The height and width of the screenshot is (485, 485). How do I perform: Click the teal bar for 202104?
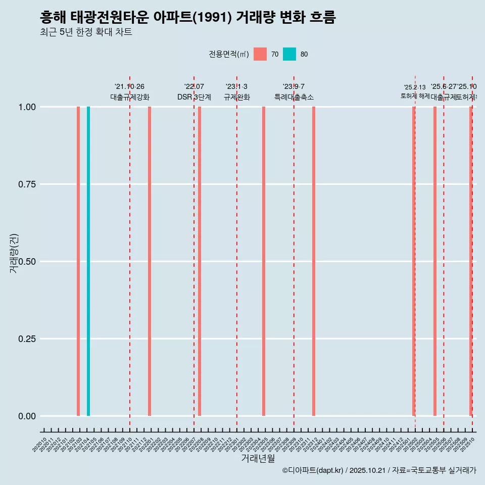(x=88, y=261)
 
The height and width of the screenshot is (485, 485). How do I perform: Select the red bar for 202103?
(x=78, y=261)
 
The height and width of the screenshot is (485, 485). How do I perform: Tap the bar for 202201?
(x=150, y=261)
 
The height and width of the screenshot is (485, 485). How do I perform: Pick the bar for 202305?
(x=264, y=261)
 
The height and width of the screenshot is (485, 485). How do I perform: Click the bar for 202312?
(x=314, y=261)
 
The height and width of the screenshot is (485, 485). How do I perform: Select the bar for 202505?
(x=435, y=261)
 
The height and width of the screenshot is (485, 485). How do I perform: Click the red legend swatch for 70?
(x=260, y=54)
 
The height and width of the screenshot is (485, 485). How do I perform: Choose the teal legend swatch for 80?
(x=289, y=54)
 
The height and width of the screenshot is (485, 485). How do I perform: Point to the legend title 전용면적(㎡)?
(x=228, y=54)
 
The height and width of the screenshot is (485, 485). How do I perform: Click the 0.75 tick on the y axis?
(x=26, y=184)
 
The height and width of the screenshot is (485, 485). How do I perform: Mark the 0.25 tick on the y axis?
(x=26, y=339)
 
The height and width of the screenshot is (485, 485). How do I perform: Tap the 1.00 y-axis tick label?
(x=26, y=107)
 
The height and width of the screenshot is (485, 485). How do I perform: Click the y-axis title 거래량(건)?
(x=14, y=253)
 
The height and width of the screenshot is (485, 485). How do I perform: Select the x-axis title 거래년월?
(x=258, y=458)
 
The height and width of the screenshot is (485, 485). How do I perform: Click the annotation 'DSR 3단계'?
(x=194, y=97)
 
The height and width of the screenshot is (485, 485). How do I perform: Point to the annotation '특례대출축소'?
(x=294, y=97)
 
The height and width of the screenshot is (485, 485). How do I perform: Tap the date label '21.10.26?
(x=129, y=87)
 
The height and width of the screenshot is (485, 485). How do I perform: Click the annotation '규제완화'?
(x=237, y=97)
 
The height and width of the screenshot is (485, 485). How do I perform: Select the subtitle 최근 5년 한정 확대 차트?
(x=86, y=32)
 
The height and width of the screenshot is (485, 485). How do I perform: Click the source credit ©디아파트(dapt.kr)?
(x=313, y=470)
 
